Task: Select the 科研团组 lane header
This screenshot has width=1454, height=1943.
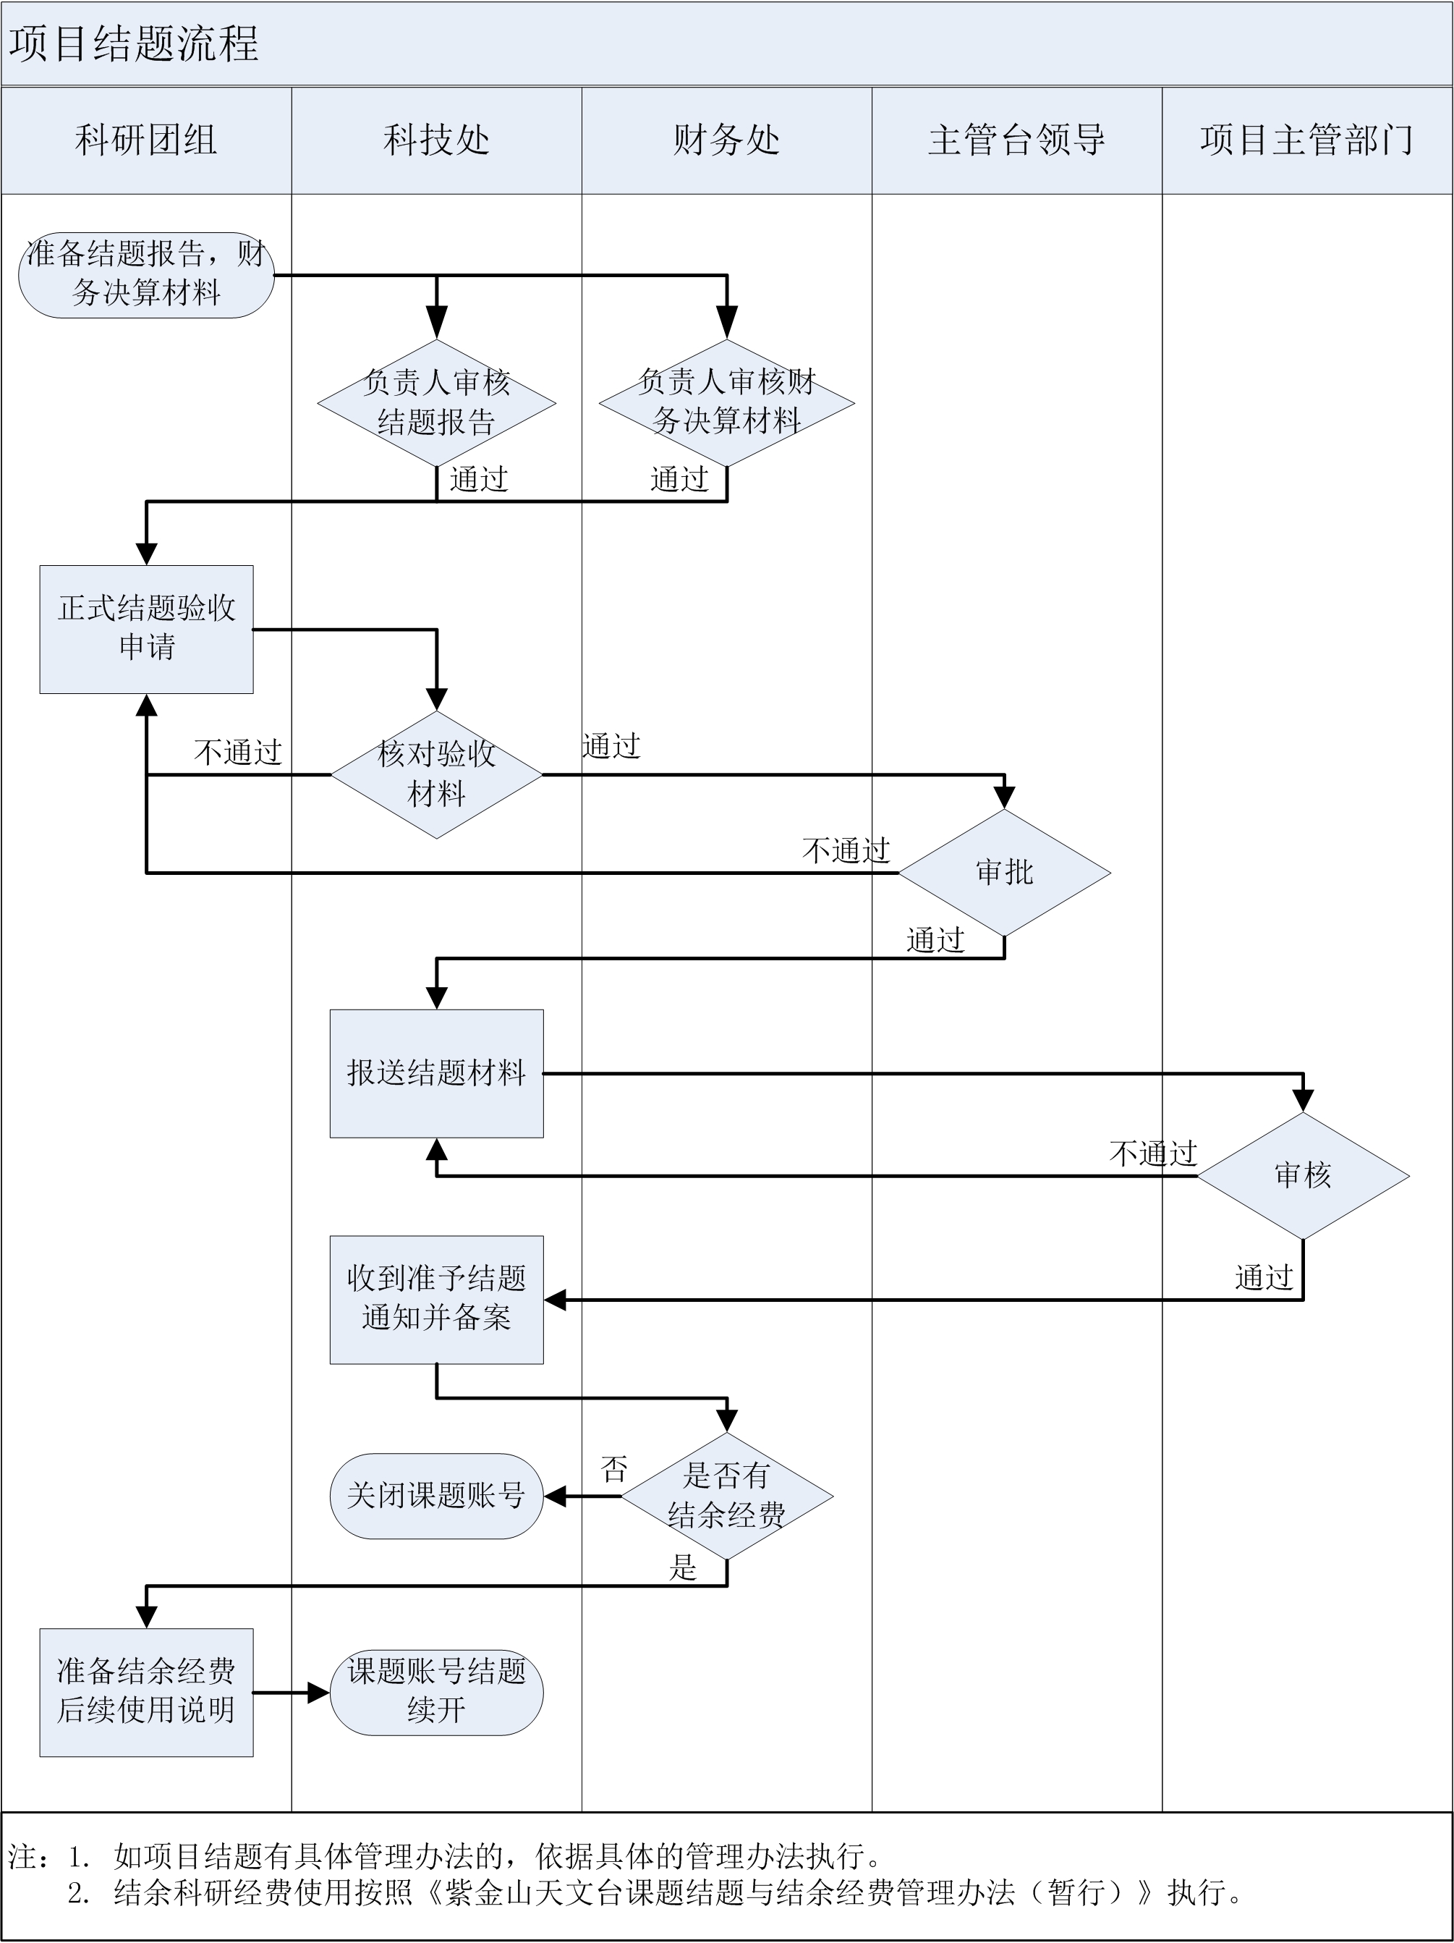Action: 145,140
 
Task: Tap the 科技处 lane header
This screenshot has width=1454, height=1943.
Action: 436,140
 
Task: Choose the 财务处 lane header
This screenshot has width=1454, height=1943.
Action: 726,140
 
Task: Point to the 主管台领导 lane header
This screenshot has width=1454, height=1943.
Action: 1017,140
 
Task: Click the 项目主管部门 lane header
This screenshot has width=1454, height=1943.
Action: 1306,140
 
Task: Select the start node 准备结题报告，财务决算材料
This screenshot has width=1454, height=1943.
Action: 145,274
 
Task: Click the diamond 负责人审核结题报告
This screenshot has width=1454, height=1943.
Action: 436,403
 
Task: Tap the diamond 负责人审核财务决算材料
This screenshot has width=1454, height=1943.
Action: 726,403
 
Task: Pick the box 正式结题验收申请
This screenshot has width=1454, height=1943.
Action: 145,629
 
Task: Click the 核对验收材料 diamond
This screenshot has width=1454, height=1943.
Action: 436,774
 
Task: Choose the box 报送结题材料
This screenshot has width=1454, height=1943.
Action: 436,1072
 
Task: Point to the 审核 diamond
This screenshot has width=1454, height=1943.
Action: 1303,1175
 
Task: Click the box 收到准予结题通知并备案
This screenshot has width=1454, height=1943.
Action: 436,1299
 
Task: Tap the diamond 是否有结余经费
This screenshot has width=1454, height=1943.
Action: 726,1495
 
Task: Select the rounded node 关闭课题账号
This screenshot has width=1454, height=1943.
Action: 436,1495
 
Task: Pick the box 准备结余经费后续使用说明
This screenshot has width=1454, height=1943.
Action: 145,1692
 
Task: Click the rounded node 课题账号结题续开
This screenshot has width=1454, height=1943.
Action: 436,1692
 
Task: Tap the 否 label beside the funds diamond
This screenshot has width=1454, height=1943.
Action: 613,1469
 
